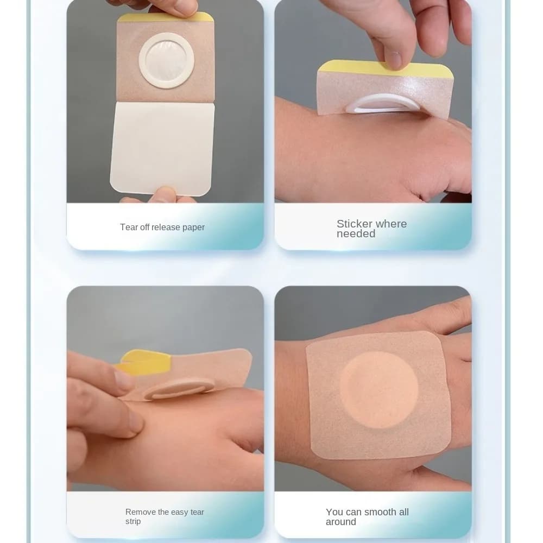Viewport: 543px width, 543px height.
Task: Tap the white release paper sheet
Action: click(x=162, y=149)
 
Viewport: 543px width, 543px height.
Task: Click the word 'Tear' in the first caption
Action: click(x=128, y=227)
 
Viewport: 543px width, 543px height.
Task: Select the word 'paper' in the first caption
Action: click(x=193, y=228)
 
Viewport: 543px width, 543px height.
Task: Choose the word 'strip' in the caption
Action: click(x=133, y=521)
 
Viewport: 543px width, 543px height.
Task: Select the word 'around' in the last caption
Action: click(x=341, y=522)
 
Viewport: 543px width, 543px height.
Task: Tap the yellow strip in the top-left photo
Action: click(x=166, y=17)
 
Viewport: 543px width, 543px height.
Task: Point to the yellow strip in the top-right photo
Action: click(x=385, y=70)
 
